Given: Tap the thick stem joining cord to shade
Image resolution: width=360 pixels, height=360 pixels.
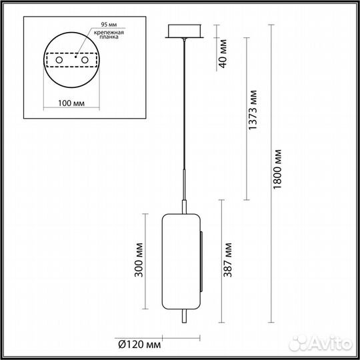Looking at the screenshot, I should [x=183, y=193].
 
